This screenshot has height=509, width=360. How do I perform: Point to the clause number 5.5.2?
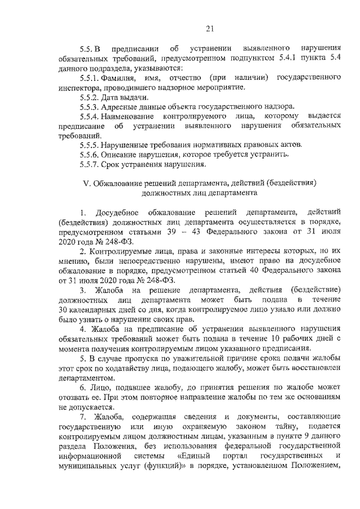[90, 96]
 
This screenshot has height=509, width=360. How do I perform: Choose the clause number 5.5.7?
[90, 165]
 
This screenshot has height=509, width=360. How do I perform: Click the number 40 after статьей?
[238, 267]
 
